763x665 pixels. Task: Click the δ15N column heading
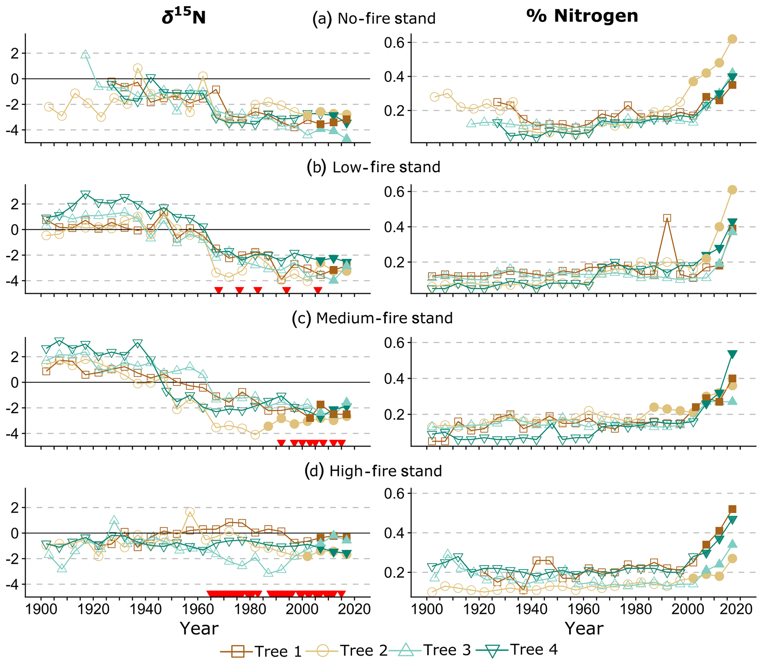184,17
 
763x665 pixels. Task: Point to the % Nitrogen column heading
582,16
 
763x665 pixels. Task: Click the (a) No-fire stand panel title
374,18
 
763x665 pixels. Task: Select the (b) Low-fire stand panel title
374,168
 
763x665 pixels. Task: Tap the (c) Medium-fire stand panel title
372,318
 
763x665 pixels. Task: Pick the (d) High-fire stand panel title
373,471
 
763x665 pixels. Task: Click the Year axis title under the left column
199,628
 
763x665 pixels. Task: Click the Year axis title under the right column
584,628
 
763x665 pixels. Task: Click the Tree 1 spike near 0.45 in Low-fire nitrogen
667,218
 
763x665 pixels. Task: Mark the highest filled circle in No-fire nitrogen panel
732,39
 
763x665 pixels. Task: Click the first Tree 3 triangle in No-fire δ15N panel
85,55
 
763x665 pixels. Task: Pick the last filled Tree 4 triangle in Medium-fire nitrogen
732,354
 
